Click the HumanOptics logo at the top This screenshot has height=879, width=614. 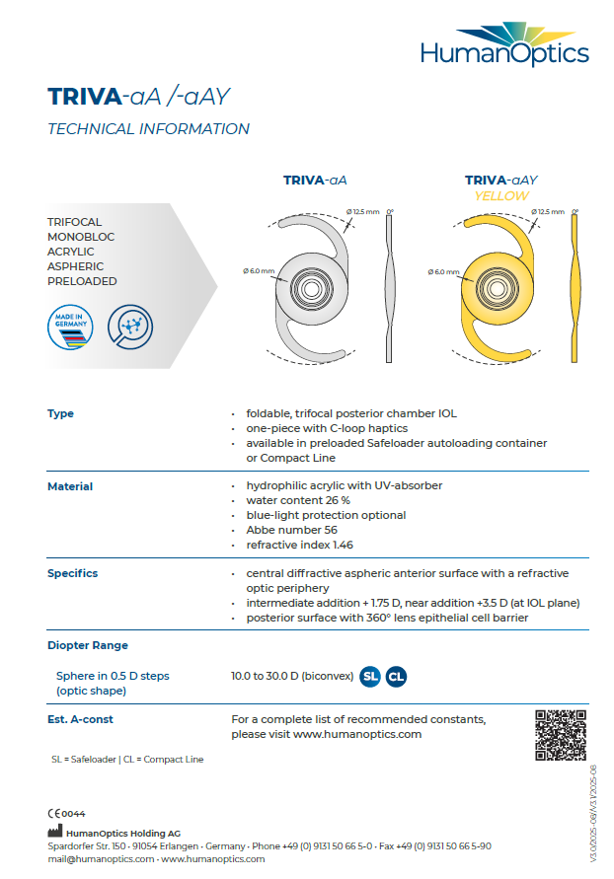[503, 45]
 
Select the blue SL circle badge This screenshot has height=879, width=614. [370, 676]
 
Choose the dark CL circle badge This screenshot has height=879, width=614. [395, 676]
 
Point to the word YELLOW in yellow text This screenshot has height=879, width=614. [500, 196]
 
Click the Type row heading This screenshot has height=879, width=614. [60, 413]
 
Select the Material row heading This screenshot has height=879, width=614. [70, 486]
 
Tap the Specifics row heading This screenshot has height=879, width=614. [72, 573]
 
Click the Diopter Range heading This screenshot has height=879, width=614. [87, 645]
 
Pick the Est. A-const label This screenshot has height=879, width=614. [80, 719]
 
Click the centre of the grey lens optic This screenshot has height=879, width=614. [311, 289]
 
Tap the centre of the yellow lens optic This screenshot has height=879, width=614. [494, 289]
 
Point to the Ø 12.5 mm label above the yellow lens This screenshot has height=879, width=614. [547, 211]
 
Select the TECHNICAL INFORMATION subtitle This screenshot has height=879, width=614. [148, 129]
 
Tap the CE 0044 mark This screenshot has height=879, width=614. [66, 814]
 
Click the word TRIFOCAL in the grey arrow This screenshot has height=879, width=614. [75, 223]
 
